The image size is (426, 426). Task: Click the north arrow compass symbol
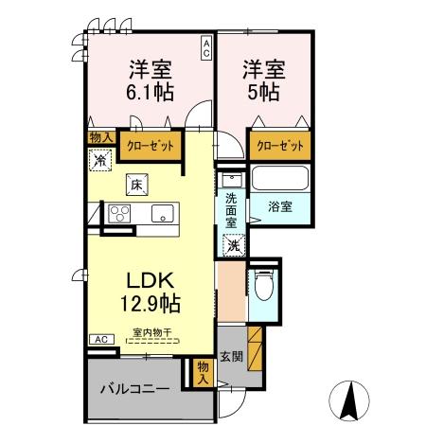tap(349, 399)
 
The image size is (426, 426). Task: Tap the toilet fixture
tap(264, 285)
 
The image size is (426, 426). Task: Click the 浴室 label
tap(278, 205)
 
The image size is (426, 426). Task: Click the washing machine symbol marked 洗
tap(232, 243)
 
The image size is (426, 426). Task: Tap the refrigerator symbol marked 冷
tap(100, 161)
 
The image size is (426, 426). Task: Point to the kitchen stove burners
tap(102, 214)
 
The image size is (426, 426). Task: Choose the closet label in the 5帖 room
tap(280, 146)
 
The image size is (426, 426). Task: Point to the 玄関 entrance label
tap(231, 357)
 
